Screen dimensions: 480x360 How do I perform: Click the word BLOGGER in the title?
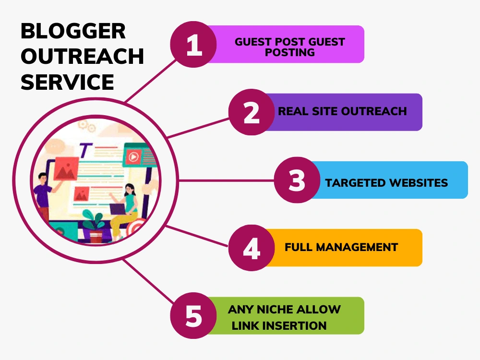[73, 31]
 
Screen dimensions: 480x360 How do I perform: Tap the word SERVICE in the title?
[67, 82]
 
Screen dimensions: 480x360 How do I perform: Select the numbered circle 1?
[193, 44]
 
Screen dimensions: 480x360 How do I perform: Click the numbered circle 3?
[297, 180]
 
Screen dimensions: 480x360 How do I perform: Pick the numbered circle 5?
[193, 315]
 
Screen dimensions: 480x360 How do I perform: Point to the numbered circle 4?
[252, 248]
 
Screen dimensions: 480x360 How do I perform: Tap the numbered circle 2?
[252, 112]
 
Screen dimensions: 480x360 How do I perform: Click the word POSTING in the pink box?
[289, 52]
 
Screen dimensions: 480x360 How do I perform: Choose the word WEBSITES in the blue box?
[415, 183]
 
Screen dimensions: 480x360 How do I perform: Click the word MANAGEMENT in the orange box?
[357, 247]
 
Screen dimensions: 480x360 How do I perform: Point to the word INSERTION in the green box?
[297, 326]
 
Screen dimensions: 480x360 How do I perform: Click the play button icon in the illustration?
[133, 157]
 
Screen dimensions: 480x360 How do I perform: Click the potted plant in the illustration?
[94, 226]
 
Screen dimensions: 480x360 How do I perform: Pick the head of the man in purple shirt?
[42, 178]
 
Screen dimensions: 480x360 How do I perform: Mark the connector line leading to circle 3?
[226, 180]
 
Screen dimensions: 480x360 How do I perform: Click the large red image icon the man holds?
[66, 168]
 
